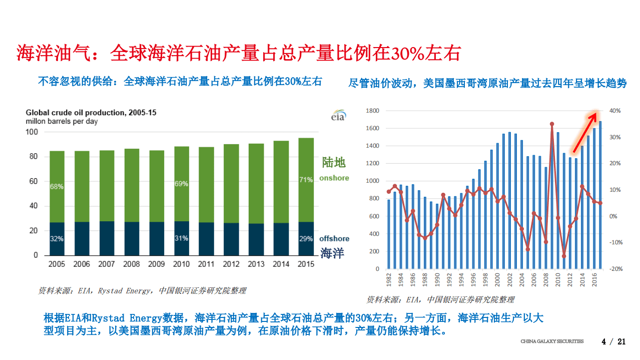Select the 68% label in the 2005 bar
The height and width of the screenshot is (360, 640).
(x=57, y=186)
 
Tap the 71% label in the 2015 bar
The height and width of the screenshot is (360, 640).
(x=306, y=180)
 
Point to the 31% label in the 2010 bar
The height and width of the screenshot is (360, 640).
(x=181, y=238)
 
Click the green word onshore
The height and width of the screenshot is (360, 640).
(x=334, y=178)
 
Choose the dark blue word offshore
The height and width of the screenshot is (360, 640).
(x=334, y=238)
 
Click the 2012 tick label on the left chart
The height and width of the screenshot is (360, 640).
(x=231, y=264)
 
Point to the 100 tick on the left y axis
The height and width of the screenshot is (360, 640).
(x=32, y=132)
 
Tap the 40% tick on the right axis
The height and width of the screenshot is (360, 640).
(x=614, y=111)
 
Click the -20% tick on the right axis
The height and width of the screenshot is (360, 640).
(x=615, y=269)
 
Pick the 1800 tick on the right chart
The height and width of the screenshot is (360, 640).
(x=373, y=111)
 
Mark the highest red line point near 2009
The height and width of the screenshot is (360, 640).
(x=551, y=124)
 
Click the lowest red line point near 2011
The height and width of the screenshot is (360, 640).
(x=564, y=256)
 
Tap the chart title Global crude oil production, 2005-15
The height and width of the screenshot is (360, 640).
(x=91, y=113)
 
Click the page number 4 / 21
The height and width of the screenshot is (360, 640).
(x=613, y=342)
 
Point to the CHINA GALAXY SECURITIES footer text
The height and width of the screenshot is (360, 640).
(x=552, y=341)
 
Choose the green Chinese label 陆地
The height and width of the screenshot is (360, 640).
(x=334, y=162)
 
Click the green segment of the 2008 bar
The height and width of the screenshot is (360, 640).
(x=132, y=185)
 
